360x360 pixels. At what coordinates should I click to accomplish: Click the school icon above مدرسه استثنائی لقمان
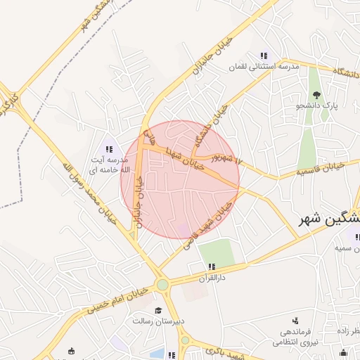(264, 56)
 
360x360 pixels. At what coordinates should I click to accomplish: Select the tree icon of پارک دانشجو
(316, 94)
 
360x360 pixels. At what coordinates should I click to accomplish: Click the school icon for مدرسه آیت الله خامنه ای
(109, 148)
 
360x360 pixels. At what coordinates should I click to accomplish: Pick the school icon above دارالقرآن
(211, 266)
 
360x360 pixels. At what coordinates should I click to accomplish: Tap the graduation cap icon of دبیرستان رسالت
(159, 310)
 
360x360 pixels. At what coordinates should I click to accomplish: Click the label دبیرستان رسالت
(159, 321)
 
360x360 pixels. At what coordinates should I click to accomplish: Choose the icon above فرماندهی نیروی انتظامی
(295, 321)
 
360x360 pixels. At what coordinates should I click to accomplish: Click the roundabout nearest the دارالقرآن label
(163, 285)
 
